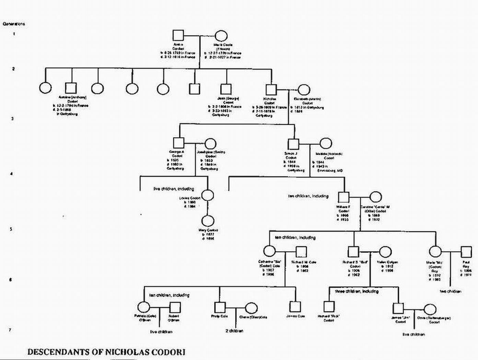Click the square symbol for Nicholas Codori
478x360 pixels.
pos(271,89)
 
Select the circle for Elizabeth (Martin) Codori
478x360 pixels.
pos(304,90)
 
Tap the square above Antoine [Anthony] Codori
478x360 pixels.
pos(71,88)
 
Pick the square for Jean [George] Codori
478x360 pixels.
pos(226,89)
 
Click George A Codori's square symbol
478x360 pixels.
pos(178,143)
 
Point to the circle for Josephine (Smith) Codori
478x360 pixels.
pos(210,144)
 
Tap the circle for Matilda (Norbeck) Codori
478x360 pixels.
pos(326,143)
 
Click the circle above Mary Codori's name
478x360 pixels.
pos(208,221)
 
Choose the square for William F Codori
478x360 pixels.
pos(343,197)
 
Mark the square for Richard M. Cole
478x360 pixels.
pos(301,252)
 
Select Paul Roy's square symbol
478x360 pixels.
pos(466,252)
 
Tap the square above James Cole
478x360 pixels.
pos(295,306)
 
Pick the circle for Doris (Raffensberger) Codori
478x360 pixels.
pos(430,309)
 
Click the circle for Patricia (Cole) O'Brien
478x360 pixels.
pos(143,308)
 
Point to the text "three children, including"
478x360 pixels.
pos(357,291)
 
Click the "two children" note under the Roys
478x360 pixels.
pos(451,291)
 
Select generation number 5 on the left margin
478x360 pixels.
pos(11,229)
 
